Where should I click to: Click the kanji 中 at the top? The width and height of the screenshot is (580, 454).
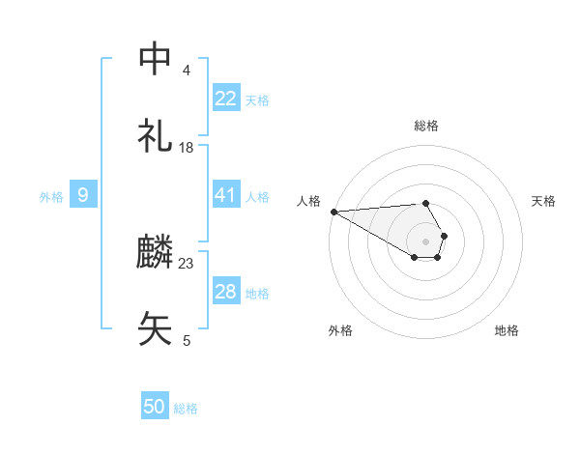tap(156, 60)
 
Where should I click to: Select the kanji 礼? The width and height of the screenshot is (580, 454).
tap(156, 137)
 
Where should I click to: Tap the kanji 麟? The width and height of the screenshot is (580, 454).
tap(156, 253)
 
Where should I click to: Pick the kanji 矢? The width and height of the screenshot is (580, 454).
tap(156, 329)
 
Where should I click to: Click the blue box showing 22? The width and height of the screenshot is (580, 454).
tap(226, 99)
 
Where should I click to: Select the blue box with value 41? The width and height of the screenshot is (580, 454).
tap(226, 195)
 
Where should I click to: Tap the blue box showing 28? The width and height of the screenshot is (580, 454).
tap(226, 292)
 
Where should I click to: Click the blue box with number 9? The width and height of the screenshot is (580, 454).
tap(83, 195)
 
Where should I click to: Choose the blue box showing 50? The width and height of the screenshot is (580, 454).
tap(155, 407)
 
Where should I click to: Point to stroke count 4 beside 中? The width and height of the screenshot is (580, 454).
tap(186, 71)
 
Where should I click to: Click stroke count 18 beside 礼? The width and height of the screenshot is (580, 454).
tap(187, 148)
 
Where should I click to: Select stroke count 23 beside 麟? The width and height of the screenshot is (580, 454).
tap(187, 263)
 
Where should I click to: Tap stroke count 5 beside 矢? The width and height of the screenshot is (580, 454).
tap(186, 340)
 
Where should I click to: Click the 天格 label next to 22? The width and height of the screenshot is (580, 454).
tap(257, 99)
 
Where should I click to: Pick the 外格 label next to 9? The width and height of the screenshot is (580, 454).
tap(51, 196)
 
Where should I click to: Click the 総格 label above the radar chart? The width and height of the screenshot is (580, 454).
tap(426, 126)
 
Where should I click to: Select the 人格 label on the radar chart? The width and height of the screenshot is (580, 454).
tap(308, 201)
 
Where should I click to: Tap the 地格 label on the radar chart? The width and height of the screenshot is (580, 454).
tap(507, 330)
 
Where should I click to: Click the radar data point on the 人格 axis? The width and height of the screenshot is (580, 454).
tap(333, 211)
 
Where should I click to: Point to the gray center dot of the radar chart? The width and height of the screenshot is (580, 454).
tap(426, 241)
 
